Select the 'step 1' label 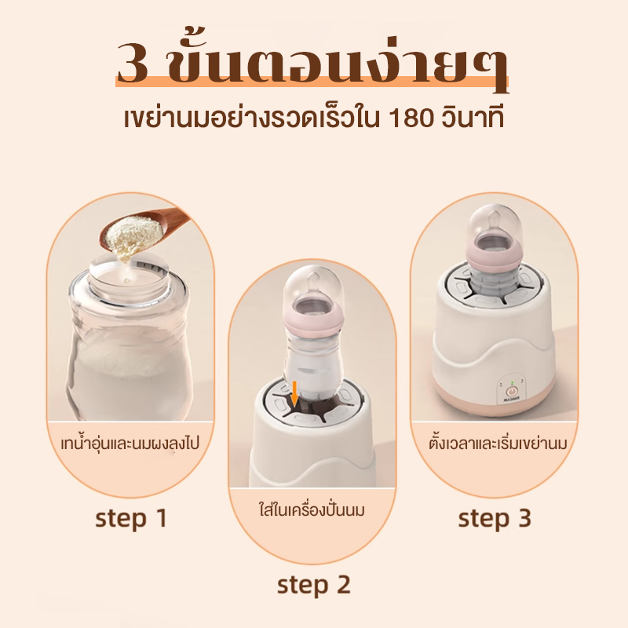pos(131,518)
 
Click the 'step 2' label pos(313,585)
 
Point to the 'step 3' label pos(495,518)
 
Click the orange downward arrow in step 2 pos(295,394)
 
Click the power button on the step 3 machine pos(512,391)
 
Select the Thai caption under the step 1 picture pos(130,444)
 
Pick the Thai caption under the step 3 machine pos(498,444)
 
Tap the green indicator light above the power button pos(512,382)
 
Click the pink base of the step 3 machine pos(494,402)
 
